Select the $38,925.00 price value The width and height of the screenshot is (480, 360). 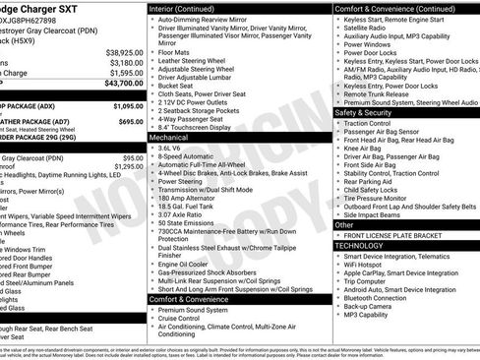(124, 51)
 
